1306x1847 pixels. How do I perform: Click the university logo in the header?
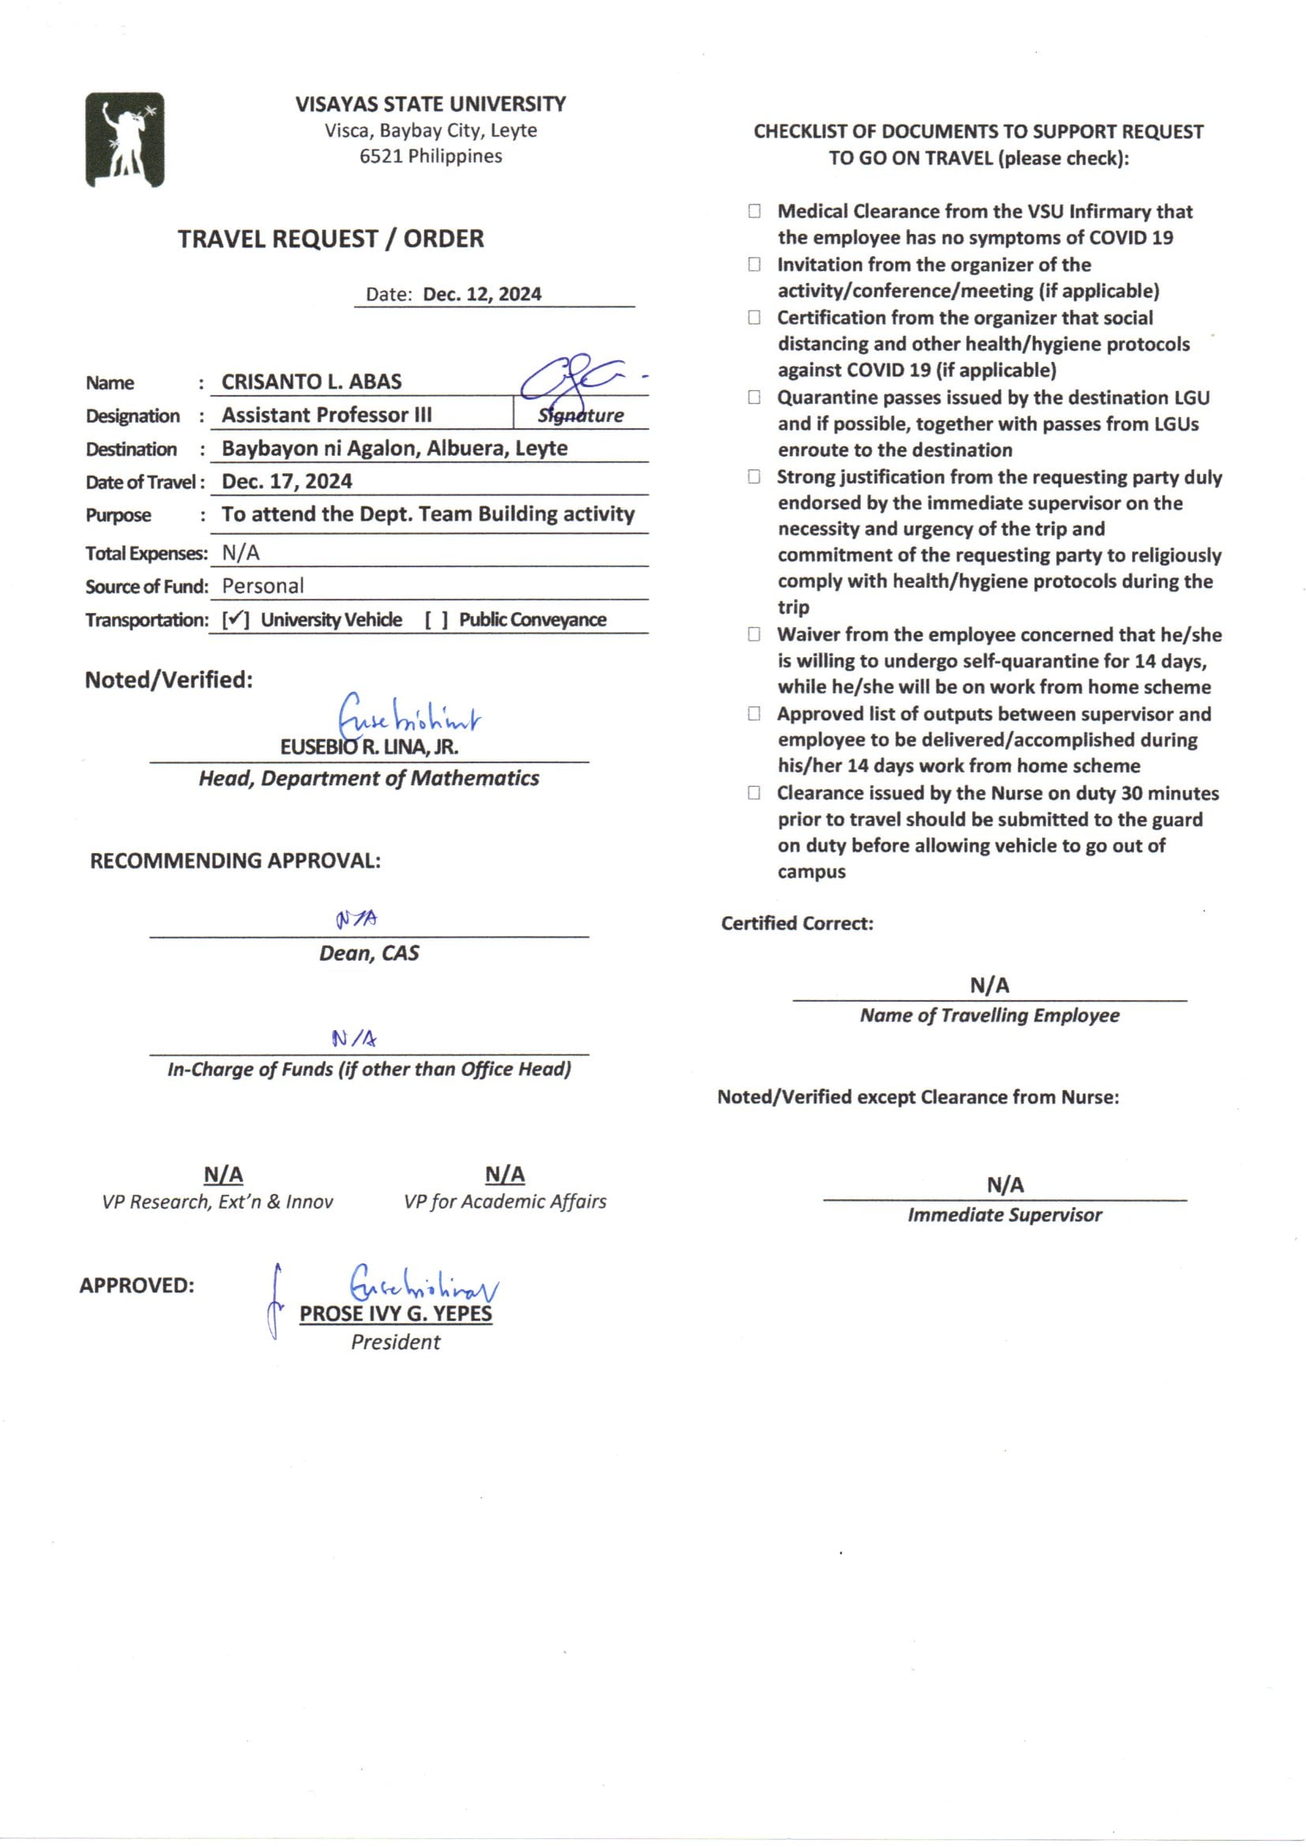(125, 140)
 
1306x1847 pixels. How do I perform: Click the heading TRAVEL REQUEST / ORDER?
(331, 239)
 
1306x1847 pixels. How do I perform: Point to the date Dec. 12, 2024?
(482, 294)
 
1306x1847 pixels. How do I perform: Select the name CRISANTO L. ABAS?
(311, 382)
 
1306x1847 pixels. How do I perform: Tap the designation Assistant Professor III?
(327, 414)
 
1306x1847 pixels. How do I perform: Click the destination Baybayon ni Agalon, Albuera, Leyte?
(394, 448)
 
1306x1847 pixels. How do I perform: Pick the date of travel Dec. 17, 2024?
(287, 481)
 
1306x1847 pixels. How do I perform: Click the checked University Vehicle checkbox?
(235, 619)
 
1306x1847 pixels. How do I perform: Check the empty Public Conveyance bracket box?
(436, 619)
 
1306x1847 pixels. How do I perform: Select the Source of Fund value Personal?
(262, 585)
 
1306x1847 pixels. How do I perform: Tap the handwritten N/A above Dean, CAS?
(356, 919)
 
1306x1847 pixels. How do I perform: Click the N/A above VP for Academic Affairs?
(505, 1175)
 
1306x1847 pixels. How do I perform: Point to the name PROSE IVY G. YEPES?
(395, 1314)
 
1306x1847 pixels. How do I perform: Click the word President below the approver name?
(395, 1342)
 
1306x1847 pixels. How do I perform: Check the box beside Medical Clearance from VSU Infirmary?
(754, 211)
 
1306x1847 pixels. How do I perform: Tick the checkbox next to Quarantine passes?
(754, 397)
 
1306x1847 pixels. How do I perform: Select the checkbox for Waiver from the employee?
(754, 634)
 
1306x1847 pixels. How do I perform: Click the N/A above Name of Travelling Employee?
(989, 984)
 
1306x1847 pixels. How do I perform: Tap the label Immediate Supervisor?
(1004, 1215)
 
